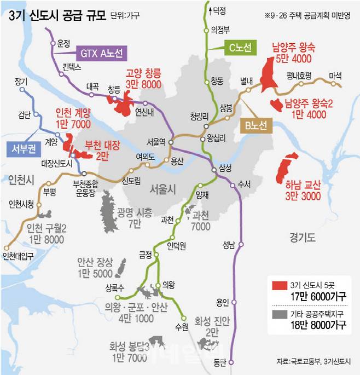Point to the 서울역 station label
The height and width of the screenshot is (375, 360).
156,141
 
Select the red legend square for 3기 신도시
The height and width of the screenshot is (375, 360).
278,285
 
